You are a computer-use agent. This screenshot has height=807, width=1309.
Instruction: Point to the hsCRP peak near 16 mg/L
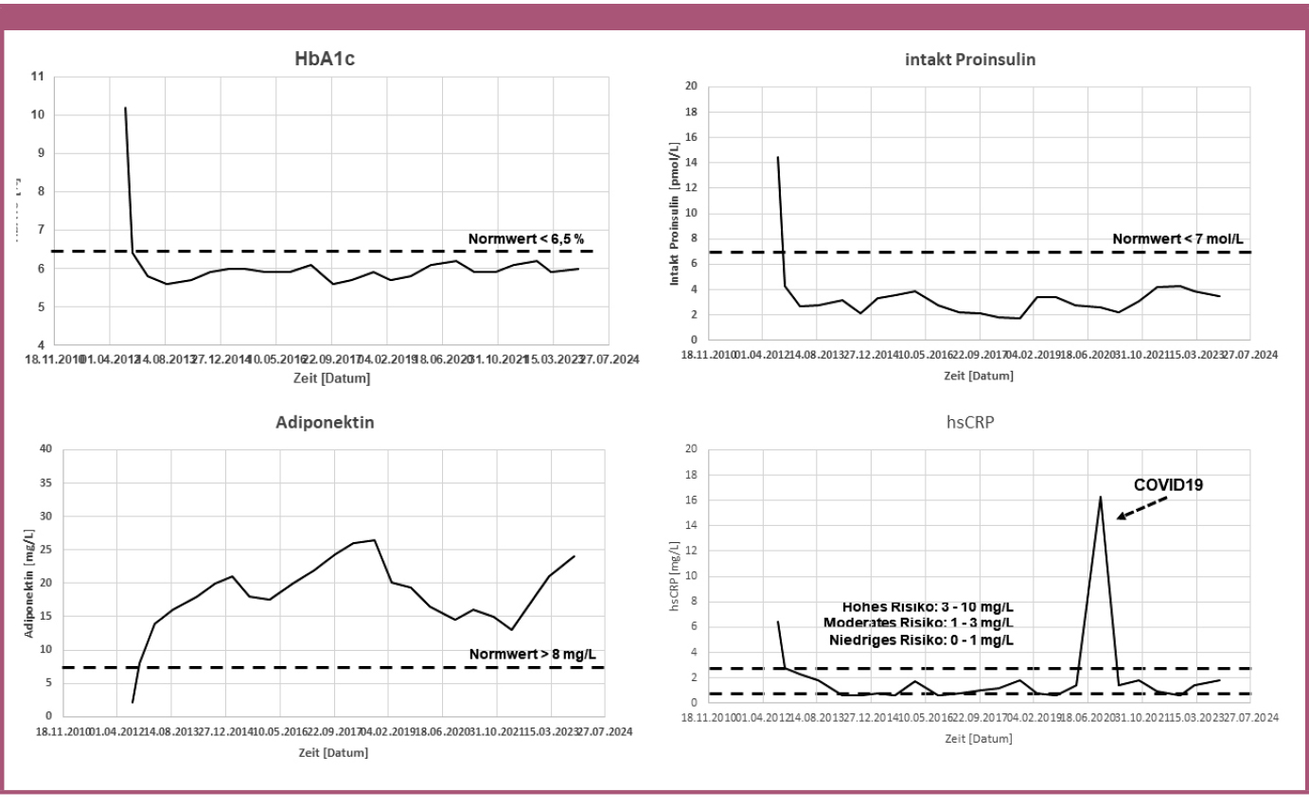coord(1100,497)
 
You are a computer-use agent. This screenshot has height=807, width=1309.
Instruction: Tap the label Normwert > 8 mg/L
coord(533,655)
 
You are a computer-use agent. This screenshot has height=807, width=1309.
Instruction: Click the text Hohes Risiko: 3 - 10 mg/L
coord(928,606)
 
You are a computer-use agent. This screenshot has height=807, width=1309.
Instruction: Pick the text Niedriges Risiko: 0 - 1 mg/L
coord(919,640)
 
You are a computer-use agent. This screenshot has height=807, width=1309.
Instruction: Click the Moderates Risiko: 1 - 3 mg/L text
coord(918,623)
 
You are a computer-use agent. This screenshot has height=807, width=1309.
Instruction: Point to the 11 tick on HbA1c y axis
coord(38,77)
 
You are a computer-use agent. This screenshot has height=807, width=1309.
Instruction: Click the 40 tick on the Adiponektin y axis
coord(45,448)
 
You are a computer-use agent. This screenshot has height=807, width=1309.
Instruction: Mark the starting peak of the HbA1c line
coord(125,109)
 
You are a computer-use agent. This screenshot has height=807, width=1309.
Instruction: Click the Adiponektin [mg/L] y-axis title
coord(29,583)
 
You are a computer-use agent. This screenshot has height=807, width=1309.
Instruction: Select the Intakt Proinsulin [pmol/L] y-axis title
coord(675,213)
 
